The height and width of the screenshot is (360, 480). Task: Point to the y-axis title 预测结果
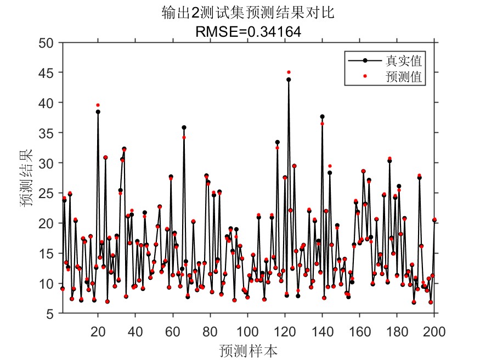tap(27, 178)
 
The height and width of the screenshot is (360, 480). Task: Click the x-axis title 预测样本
tap(248, 350)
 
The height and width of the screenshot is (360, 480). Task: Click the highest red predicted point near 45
tap(289, 72)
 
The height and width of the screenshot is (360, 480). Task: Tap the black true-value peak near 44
tap(289, 79)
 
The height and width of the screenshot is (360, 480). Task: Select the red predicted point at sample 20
tap(98, 105)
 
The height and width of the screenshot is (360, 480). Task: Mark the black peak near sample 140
tap(322, 116)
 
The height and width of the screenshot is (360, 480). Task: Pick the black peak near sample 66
tap(184, 127)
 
